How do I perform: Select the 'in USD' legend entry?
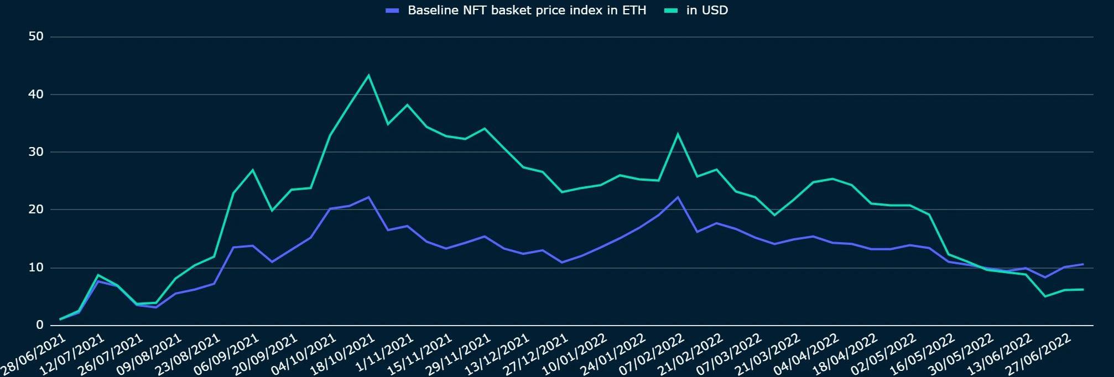click(x=706, y=11)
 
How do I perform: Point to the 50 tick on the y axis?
click(x=35, y=37)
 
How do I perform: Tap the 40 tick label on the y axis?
click(x=35, y=95)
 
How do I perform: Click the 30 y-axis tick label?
click(x=35, y=152)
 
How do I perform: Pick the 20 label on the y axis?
click(x=35, y=210)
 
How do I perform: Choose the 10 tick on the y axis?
click(x=35, y=268)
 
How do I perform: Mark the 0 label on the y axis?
click(x=39, y=325)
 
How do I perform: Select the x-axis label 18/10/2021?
click(x=343, y=353)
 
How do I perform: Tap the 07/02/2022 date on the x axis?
click(x=653, y=353)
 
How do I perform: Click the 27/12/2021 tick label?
click(x=537, y=353)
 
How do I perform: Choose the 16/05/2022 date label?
click(x=923, y=353)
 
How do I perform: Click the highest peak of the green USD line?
click(x=368, y=76)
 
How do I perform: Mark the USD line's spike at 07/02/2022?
click(x=678, y=134)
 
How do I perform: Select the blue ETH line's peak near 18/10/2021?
click(x=368, y=197)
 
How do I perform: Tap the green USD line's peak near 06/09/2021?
click(x=253, y=170)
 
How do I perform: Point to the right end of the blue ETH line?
click(x=1082, y=264)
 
